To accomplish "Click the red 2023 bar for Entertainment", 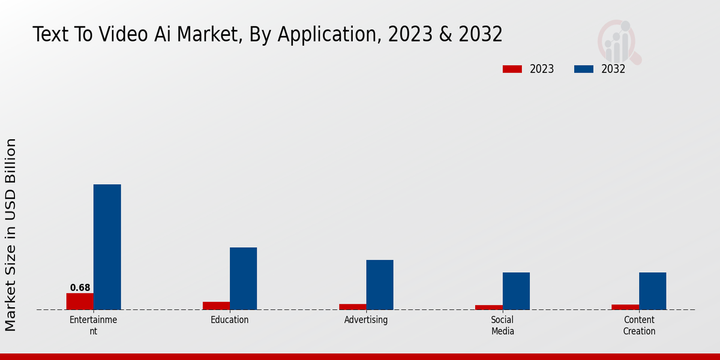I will pos(80,301).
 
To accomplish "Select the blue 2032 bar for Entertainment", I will pos(107,247).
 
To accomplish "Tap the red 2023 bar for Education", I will pos(216,305).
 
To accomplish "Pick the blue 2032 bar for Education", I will pos(243,278).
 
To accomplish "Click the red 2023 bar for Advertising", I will pos(352,307).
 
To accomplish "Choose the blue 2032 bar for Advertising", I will pos(380,284).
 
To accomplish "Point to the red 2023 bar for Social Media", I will pos(488,307).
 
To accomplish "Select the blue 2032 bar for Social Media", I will pos(516,291).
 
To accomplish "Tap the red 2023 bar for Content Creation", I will pos(625,307).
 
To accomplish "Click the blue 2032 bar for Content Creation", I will pos(652,291).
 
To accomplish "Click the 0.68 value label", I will pos(80,288).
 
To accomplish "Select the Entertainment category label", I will pos(93,325).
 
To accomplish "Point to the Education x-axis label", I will pos(229,320).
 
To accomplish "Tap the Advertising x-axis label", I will pos(366,320).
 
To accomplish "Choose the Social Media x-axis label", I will pos(503,325).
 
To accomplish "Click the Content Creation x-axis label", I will pos(639,325).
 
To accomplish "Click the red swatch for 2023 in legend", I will pos(512,69).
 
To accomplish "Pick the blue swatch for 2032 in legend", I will pos(583,69).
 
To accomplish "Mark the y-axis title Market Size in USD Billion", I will pos(11,234).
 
